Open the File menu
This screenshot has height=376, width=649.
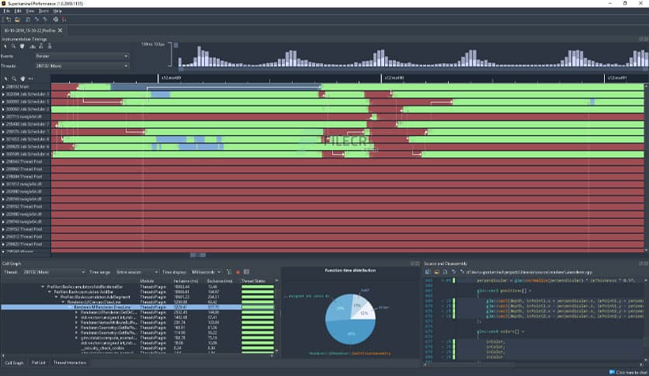pyautogui.click(x=7, y=12)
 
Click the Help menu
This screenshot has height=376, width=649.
pyautogui.click(x=57, y=12)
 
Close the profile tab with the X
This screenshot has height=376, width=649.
pyautogui.click(x=60, y=30)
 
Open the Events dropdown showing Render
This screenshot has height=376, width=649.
pyautogui.click(x=82, y=56)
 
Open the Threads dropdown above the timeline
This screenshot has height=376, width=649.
pyautogui.click(x=82, y=66)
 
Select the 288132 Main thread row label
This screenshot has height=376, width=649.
pyautogui.click(x=17, y=86)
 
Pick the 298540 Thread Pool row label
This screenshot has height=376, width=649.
pyautogui.click(x=25, y=161)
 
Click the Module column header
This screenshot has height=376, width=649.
pyautogui.click(x=146, y=281)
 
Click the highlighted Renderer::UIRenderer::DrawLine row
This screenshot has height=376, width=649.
pyautogui.click(x=109, y=307)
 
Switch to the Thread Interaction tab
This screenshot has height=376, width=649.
pyautogui.click(x=69, y=363)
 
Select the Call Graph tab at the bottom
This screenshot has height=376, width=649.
pyautogui.click(x=14, y=363)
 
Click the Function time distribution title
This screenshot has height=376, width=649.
pyautogui.click(x=349, y=270)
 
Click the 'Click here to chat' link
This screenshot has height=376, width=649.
pyautogui.click(x=629, y=371)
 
